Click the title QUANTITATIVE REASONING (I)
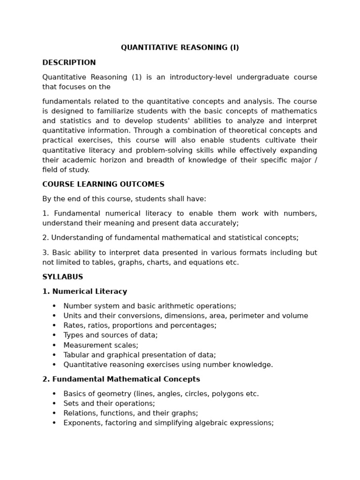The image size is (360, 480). [x=180, y=48]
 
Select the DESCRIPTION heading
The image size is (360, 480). [x=69, y=63]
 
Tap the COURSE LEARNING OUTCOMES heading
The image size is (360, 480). [x=103, y=185]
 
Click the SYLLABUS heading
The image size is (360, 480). [x=62, y=277]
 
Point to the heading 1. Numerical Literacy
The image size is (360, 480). [x=84, y=292]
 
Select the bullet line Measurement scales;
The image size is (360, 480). [x=101, y=345]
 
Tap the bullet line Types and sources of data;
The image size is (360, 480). [x=110, y=335]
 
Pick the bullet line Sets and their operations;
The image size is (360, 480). [x=109, y=404]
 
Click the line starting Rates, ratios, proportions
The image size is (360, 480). [x=140, y=325]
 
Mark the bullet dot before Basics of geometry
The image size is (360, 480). [x=54, y=394]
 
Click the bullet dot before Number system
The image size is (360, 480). [x=54, y=306]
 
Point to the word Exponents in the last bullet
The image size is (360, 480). [x=80, y=423]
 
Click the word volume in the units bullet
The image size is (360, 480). [x=296, y=316]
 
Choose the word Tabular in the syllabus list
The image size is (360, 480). [x=76, y=355]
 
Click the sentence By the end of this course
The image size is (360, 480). [x=124, y=199]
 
